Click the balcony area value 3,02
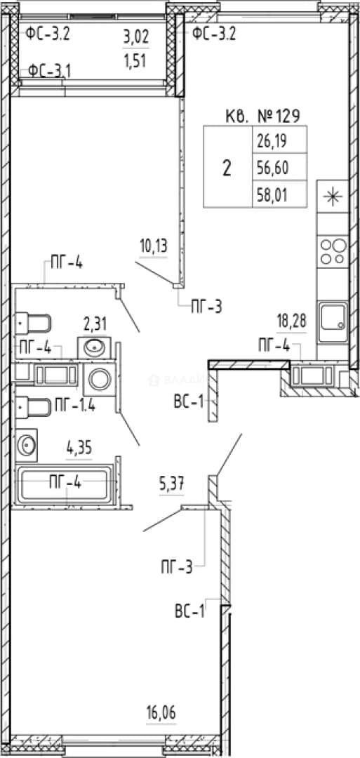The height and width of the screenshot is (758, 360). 136,36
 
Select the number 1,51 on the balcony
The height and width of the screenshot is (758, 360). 136,61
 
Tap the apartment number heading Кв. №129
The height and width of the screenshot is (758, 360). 263,116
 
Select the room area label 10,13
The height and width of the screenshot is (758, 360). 154,246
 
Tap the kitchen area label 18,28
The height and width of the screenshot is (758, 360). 292,321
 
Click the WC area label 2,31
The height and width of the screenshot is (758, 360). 95,324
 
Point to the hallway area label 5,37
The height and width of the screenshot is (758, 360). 172,484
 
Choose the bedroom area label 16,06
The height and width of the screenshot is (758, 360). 161,712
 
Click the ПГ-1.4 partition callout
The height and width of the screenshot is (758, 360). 75,405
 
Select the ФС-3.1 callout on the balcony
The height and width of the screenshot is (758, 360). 49,71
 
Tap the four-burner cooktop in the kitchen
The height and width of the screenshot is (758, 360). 333,251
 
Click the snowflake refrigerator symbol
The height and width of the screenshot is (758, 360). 333,196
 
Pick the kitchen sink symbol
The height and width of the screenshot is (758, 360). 333,322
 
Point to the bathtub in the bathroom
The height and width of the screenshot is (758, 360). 65,486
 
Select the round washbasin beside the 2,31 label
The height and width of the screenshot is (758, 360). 94,347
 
